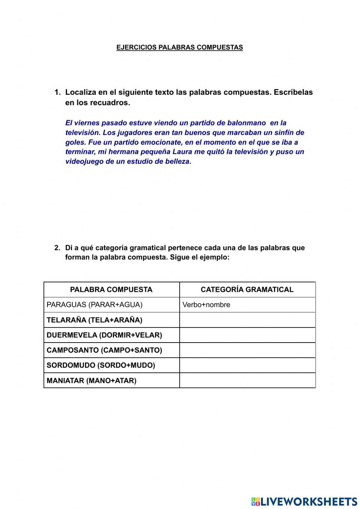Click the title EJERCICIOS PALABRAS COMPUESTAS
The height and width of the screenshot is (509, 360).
[x=180, y=47]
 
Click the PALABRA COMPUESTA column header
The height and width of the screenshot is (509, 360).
[x=111, y=290]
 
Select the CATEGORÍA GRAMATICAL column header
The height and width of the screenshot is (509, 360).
[x=247, y=290]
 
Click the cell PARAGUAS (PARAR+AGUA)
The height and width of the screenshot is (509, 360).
[x=95, y=305]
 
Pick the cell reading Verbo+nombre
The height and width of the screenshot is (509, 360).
[x=206, y=305]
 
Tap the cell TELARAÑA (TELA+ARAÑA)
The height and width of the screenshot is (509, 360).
[x=94, y=320]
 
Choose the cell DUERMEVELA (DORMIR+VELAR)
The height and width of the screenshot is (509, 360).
[x=104, y=335]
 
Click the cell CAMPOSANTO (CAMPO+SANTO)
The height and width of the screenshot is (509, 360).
[x=104, y=350]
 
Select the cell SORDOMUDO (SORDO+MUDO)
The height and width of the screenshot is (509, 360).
[x=101, y=365]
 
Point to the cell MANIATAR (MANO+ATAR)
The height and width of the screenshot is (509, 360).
[x=91, y=380]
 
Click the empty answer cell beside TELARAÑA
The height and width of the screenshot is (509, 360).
[x=247, y=320]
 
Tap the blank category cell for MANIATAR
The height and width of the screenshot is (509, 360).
[x=247, y=380]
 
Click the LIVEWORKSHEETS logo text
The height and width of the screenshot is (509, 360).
[x=309, y=501]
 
